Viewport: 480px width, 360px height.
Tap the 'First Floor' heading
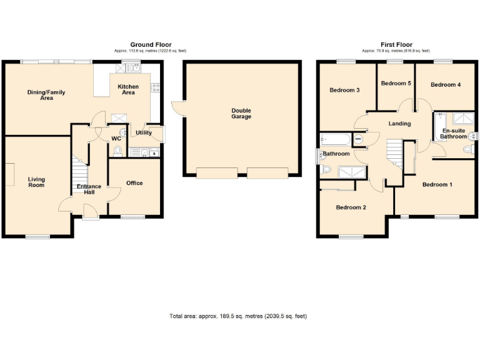(396, 44)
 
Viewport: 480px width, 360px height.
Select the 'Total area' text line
(238, 316)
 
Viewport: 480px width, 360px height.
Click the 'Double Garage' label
(241, 114)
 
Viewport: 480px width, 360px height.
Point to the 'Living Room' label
(36, 182)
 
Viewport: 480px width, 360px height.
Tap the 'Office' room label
(134, 183)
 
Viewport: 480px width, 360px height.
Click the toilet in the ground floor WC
(118, 150)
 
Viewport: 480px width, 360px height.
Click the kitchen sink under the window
(131, 66)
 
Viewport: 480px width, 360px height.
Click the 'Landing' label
(399, 124)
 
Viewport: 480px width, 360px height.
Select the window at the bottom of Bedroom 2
(351, 236)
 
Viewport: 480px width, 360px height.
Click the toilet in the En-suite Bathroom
(467, 149)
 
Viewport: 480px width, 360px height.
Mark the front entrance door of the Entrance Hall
(91, 218)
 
